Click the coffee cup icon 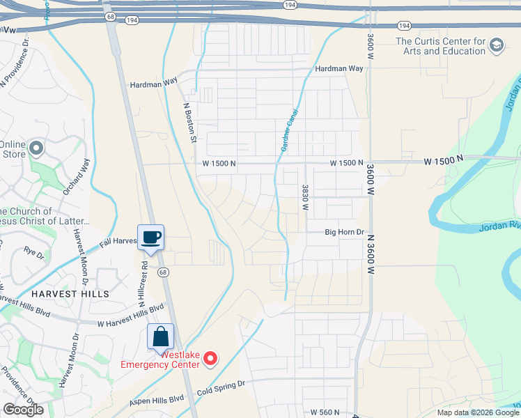coord(150,237)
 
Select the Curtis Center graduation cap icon coord(496,46)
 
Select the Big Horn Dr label coord(345,232)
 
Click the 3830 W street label coord(305,197)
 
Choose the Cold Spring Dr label coord(221,384)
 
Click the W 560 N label coord(329,412)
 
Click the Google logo coord(23,410)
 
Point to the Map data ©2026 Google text coord(478,412)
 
